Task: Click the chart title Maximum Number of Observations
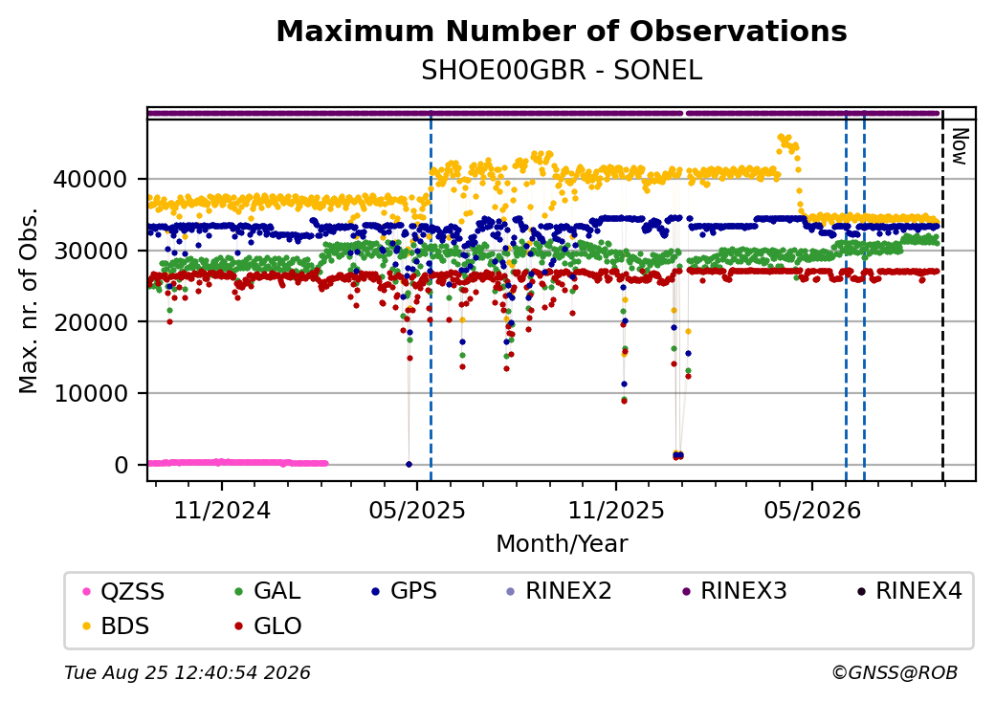point(562,31)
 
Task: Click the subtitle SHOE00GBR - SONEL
point(562,71)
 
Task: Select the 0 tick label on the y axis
point(122,466)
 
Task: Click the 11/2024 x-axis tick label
point(222,511)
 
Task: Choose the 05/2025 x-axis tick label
point(417,511)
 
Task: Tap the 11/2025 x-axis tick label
point(615,511)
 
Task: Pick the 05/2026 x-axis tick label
point(812,511)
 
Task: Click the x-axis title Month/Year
point(562,544)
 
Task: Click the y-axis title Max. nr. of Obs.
point(29,300)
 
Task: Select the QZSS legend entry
point(123,592)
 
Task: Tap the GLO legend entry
point(268,626)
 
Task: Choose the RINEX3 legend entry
point(734,591)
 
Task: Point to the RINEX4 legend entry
point(910,591)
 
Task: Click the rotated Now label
point(960,146)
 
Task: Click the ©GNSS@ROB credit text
point(895,672)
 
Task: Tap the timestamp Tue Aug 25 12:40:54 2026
point(188,672)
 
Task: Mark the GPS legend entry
point(404,591)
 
